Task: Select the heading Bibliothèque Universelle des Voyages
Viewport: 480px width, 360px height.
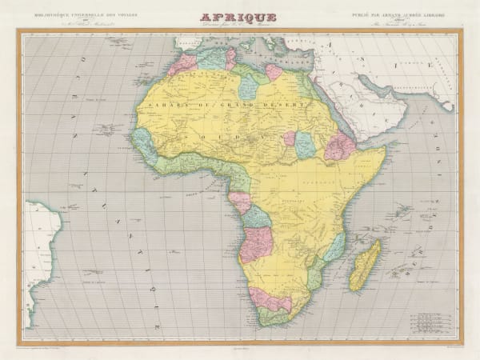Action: [x=69, y=14]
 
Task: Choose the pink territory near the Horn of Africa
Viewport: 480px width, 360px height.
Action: [x=339, y=146]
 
